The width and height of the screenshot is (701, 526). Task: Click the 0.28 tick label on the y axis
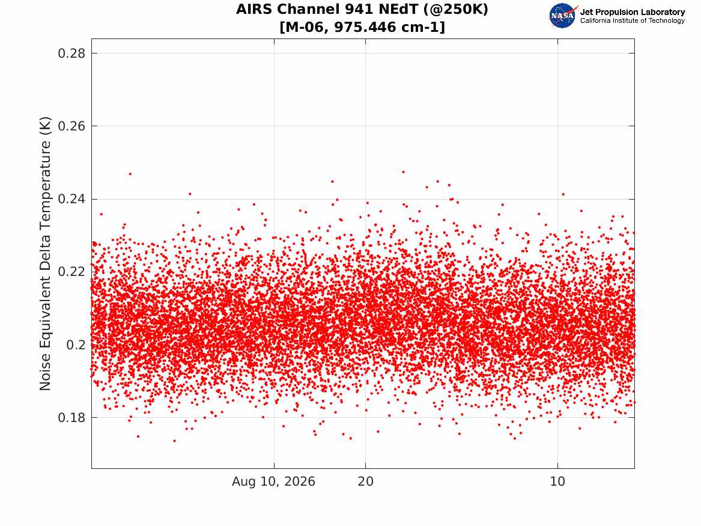pyautogui.click(x=71, y=54)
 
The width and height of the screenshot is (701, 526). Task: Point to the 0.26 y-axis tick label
pyautogui.click(x=71, y=126)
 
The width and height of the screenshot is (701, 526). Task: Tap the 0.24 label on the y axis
pyautogui.click(x=71, y=199)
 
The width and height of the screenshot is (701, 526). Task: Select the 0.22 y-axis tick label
pyautogui.click(x=71, y=272)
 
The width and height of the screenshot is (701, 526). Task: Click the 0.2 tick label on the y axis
pyautogui.click(x=76, y=345)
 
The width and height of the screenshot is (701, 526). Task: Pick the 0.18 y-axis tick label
pyautogui.click(x=71, y=418)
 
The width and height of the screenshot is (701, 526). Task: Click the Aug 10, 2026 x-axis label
pyautogui.click(x=273, y=482)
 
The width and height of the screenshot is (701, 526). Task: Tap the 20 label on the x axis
pyautogui.click(x=366, y=482)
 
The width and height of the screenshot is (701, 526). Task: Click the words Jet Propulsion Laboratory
pyautogui.click(x=633, y=12)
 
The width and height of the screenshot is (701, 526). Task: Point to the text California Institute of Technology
pyautogui.click(x=633, y=20)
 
